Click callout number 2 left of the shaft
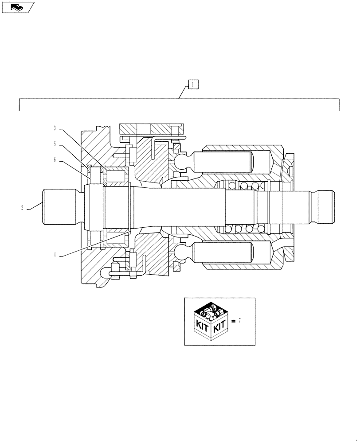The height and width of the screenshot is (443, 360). click(22, 207)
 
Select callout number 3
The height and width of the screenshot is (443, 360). click(55, 128)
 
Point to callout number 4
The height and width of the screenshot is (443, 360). click(55, 255)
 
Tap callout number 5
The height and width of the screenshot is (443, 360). click(55, 144)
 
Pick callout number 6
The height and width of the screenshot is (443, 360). click(55, 160)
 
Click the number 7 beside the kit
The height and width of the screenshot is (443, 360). click(239, 321)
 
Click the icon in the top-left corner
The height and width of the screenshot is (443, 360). click(17, 7)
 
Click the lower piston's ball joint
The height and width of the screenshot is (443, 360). click(182, 253)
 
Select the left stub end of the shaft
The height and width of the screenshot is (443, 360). click(60, 207)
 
